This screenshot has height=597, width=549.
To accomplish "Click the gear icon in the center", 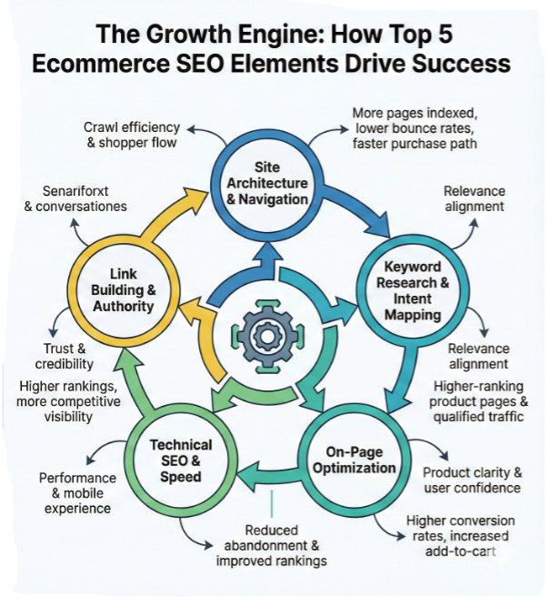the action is (267, 336).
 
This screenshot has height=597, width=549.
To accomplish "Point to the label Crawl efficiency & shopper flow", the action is (132, 135).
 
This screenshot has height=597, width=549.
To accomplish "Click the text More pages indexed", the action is (414, 113).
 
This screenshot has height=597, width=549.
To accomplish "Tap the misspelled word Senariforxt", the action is (75, 191).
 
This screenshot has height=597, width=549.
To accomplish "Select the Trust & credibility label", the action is (65, 356).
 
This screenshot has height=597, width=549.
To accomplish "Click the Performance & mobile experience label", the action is (77, 493).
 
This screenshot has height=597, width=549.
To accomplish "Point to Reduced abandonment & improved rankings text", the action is (272, 545).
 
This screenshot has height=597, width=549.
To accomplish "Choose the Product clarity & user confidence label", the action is (473, 481).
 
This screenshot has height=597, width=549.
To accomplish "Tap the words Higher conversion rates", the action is (461, 528).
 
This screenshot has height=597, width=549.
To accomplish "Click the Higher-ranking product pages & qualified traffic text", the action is (479, 401).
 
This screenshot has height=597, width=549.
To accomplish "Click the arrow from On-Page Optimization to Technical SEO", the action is (268, 477).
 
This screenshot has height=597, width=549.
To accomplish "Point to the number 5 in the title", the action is (444, 34).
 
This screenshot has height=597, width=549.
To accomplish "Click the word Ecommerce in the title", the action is (101, 63).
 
